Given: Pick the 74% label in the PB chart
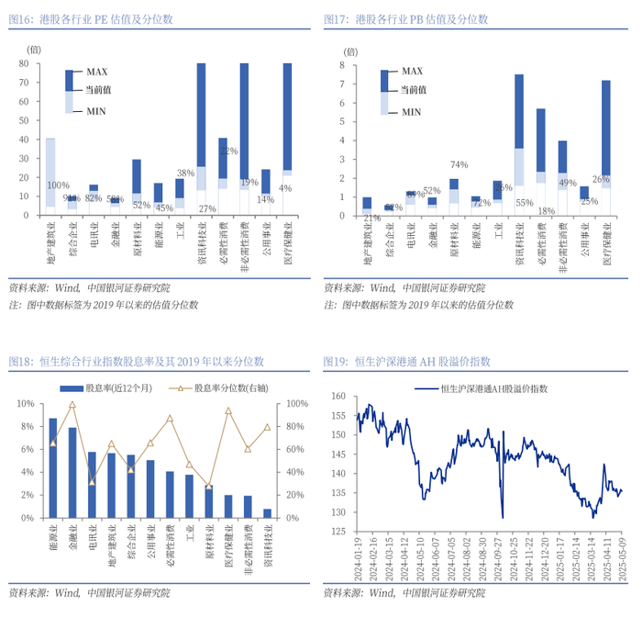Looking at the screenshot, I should point(459,165).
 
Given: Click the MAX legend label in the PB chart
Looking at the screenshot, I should point(412,71).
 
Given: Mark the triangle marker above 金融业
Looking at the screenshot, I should point(72,404).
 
